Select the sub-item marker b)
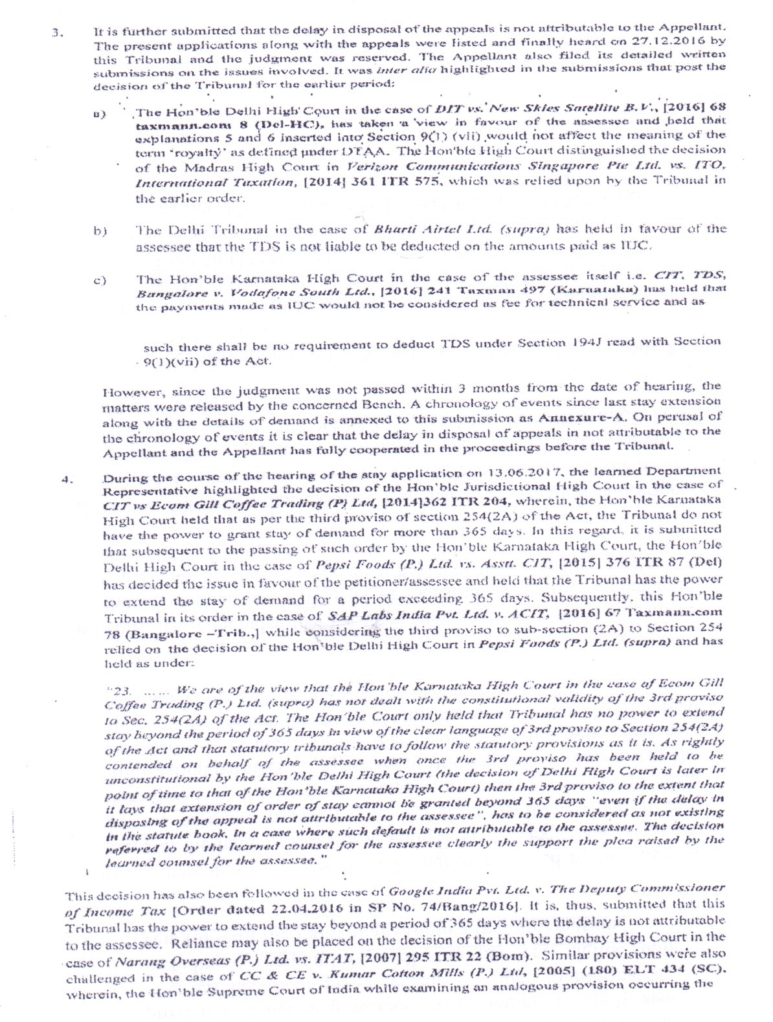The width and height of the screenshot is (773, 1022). click(100, 230)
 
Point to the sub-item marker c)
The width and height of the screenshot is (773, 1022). click(100, 281)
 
